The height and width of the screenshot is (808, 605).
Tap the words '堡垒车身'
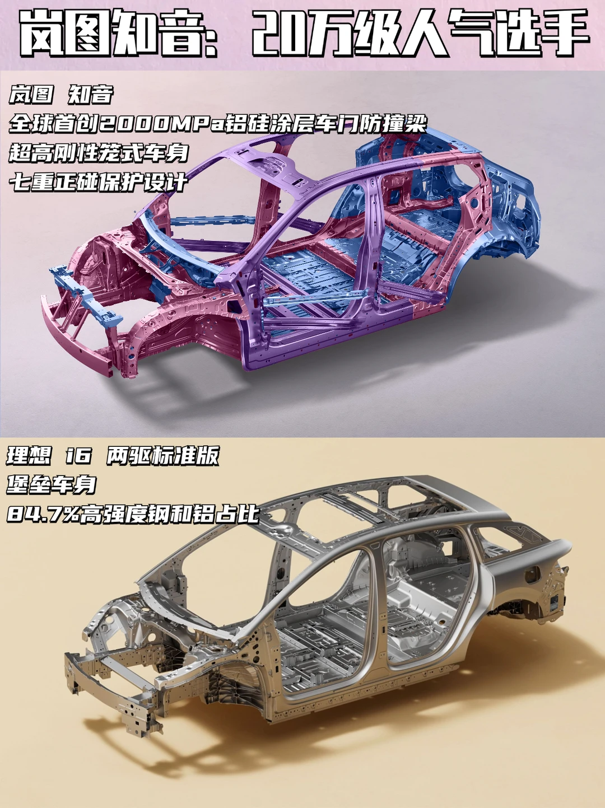pyautogui.click(x=52, y=484)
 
